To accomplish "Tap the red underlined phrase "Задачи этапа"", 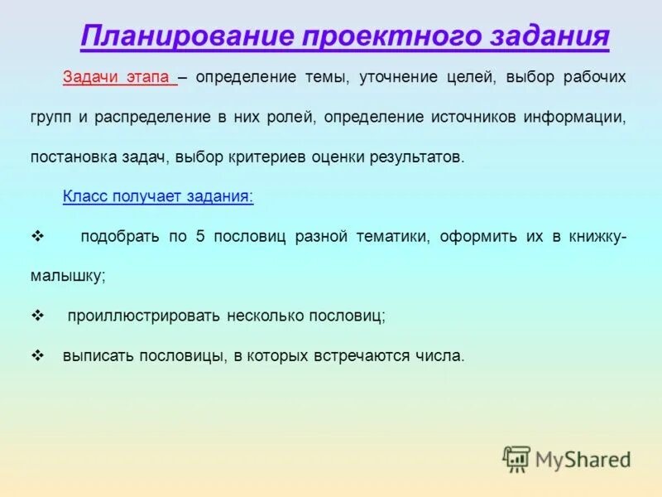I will click(x=119, y=77).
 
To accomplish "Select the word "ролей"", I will click(x=290, y=117).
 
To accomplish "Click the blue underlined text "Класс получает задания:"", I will click(x=158, y=196).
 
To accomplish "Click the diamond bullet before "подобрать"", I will click(x=36, y=236).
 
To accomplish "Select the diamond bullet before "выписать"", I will click(x=36, y=355).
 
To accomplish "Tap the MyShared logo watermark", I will click(x=568, y=459).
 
